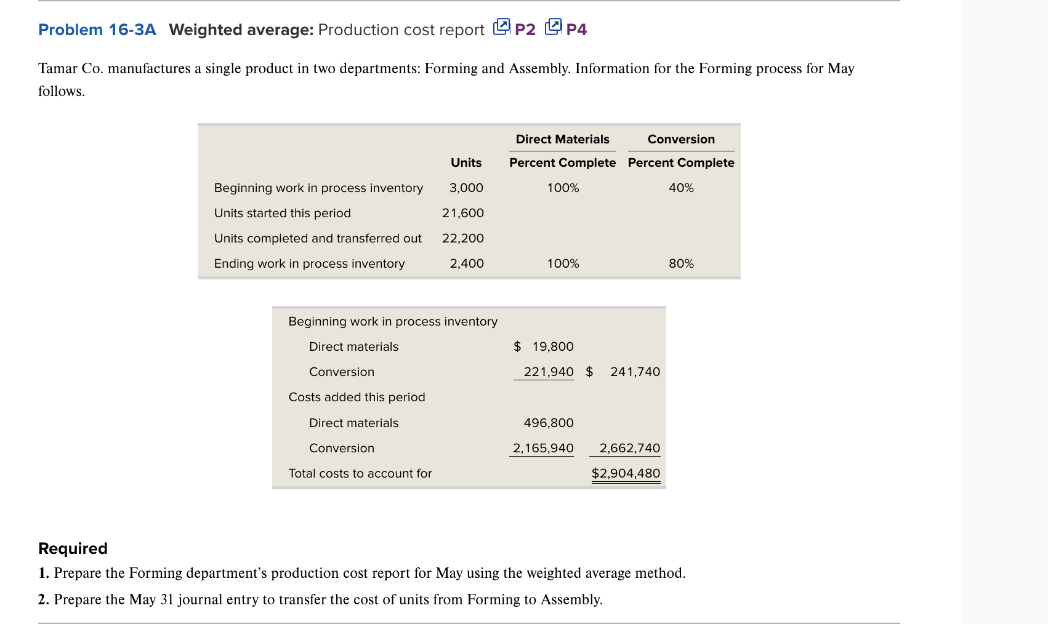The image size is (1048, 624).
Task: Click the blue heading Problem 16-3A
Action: [97, 30]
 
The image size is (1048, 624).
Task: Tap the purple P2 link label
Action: [525, 30]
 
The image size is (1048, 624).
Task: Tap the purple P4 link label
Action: [576, 30]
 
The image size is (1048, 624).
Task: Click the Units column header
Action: [466, 162]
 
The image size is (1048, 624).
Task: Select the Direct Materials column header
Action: [562, 139]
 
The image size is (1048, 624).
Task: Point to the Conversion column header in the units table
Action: [681, 139]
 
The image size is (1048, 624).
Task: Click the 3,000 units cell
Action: [466, 188]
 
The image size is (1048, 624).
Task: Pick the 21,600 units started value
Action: [463, 213]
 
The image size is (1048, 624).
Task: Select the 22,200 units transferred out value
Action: [463, 238]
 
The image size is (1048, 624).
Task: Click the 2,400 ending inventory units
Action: [467, 263]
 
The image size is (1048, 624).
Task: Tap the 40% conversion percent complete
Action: [681, 188]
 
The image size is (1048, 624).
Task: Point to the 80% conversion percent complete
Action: [681, 263]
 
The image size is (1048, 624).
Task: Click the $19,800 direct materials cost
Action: [544, 346]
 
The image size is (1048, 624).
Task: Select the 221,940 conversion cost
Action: [548, 372]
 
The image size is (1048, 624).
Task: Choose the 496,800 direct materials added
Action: [548, 423]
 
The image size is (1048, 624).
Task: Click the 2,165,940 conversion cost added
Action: [543, 448]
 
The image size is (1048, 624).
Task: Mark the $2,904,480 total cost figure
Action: [626, 473]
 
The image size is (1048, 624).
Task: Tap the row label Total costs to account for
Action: [360, 473]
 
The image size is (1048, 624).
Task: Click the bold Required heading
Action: [73, 548]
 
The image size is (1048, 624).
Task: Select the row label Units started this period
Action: [283, 213]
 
